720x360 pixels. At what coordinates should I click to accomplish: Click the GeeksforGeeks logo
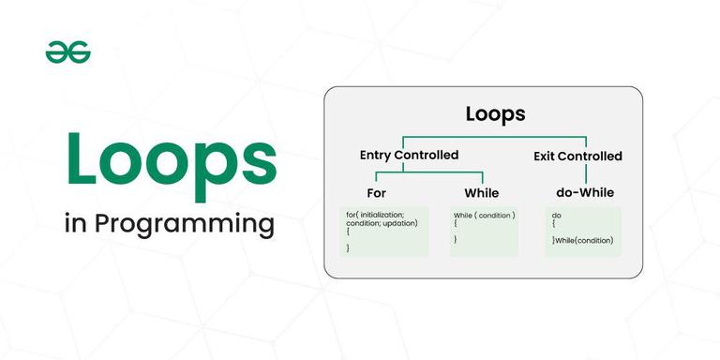(x=68, y=53)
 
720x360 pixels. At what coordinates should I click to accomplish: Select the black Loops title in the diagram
(x=495, y=115)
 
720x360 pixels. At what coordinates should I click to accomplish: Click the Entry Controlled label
(x=409, y=155)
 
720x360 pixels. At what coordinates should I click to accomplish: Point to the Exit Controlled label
(x=577, y=156)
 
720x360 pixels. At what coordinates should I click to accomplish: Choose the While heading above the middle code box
(x=482, y=193)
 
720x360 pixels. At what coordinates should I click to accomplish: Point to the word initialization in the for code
(x=385, y=216)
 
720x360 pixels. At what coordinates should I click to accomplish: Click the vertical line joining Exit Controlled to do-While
(x=586, y=173)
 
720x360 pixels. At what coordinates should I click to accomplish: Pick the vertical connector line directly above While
(x=483, y=178)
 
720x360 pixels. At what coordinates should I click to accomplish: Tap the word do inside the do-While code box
(x=557, y=216)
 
